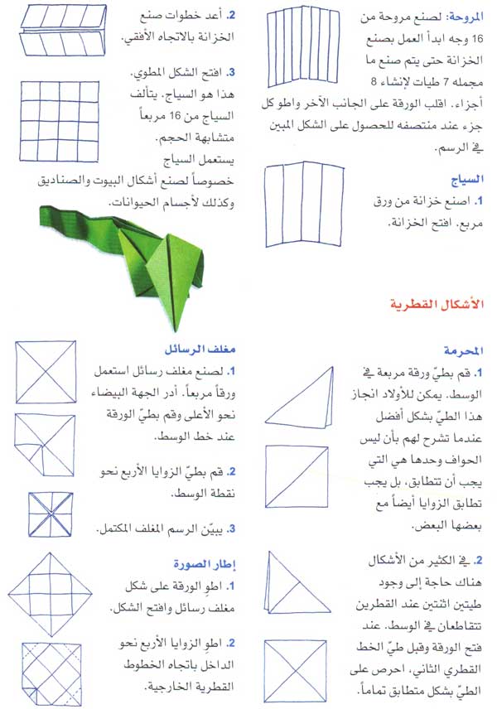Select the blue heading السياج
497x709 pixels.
point(466,177)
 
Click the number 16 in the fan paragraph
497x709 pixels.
point(373,37)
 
